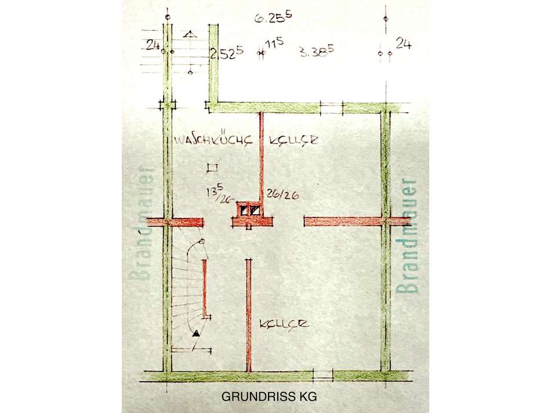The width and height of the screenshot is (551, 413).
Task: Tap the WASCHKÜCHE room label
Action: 213,141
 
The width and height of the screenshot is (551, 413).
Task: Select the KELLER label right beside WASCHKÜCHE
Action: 293,141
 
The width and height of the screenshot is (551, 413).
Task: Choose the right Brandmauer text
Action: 409,237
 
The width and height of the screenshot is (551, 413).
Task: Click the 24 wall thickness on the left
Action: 153,44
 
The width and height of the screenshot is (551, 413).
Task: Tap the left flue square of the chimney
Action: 245,209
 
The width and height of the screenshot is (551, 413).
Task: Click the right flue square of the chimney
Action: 255,209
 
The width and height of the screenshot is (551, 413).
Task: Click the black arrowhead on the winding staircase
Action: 196,333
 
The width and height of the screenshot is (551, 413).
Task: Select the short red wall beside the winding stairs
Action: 205,288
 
